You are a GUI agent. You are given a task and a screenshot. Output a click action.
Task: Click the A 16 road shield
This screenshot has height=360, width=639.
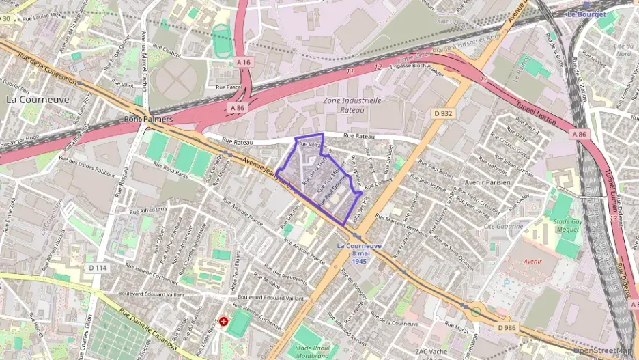[244, 62]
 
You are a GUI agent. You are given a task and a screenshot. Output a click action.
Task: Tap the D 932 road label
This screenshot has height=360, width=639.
[444, 113]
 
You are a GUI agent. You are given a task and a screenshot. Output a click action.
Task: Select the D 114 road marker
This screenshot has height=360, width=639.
[98, 268]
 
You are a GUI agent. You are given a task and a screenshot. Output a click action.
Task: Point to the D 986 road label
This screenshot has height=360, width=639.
[507, 328]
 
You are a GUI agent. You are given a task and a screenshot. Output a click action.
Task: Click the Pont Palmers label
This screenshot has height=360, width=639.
[148, 119]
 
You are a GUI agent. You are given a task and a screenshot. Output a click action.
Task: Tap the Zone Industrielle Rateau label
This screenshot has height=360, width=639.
[352, 104]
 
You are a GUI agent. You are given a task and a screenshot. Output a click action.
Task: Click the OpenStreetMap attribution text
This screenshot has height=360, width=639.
[605, 351]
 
